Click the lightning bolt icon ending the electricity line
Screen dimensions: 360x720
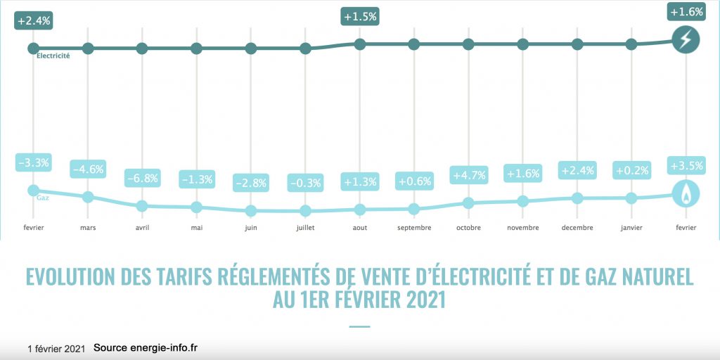tap(686, 39)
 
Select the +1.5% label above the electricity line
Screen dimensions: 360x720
tap(359, 16)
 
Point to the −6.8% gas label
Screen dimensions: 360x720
tap(142, 178)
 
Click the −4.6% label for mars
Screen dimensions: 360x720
tap(88, 169)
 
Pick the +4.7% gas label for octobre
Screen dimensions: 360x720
tap(468, 175)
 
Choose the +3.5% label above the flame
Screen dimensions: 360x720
tap(686, 167)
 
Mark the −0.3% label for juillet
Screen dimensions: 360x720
tap(305, 183)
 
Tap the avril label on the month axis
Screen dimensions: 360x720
tap(142, 227)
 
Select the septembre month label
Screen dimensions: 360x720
tap(413, 227)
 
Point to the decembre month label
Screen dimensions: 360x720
tap(577, 227)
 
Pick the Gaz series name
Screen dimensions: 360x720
tap(42, 198)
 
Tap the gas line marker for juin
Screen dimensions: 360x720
tap(251, 211)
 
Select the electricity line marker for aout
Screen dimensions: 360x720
tap(359, 44)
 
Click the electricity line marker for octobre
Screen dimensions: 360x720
tap(468, 44)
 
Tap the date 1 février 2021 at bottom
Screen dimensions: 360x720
tap(56, 349)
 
